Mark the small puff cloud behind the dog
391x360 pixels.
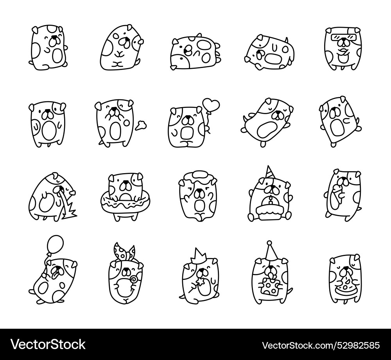pyautogui.click(x=141, y=125)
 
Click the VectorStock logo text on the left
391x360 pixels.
pyautogui.click(x=48, y=345)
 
